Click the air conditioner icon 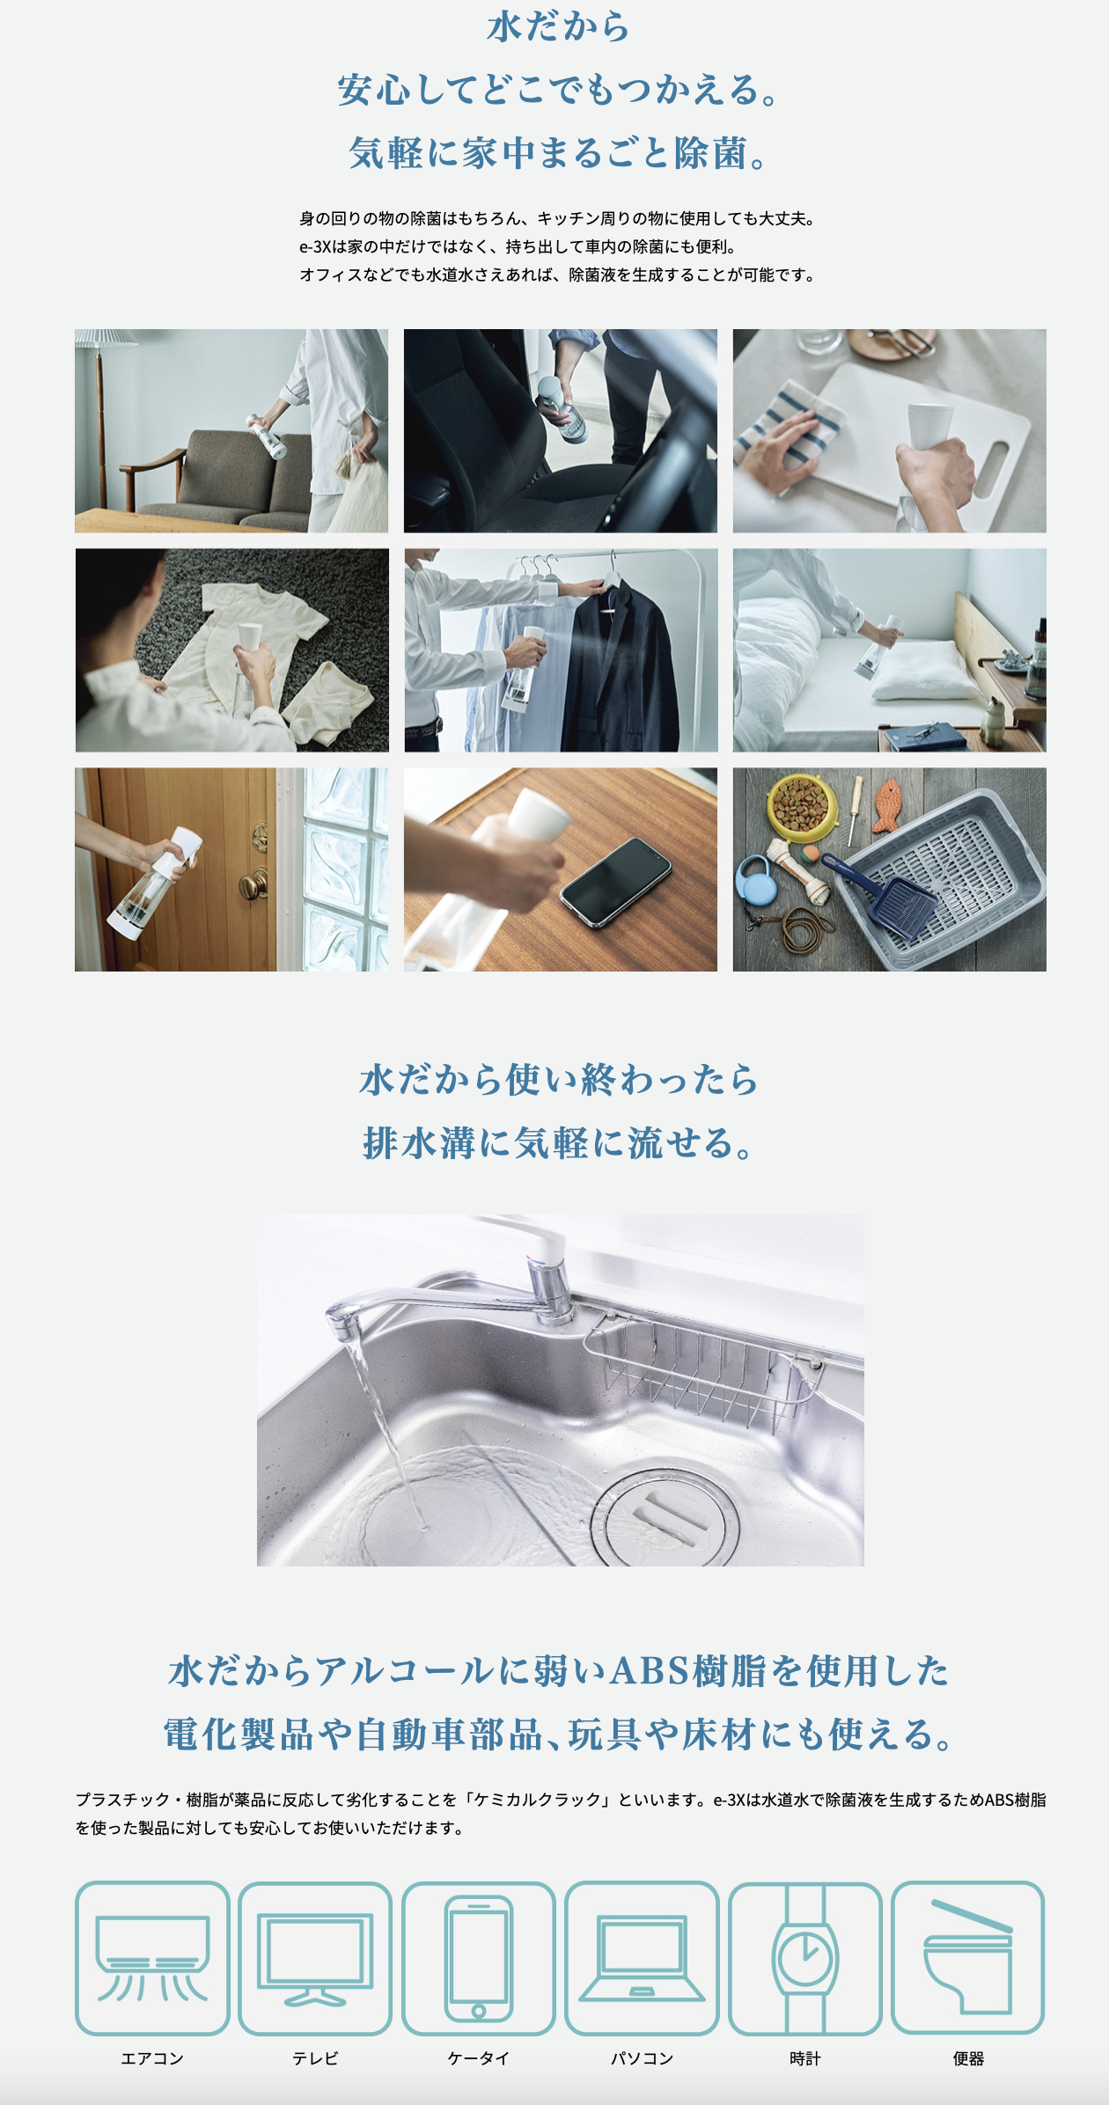coord(152,1958)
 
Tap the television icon coord(315,1958)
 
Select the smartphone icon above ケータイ coord(478,1958)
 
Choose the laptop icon coord(642,1958)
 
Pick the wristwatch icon coord(804,1958)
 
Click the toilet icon coord(968,1958)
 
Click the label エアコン coord(152,2058)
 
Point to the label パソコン coord(642,2058)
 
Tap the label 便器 coord(968,2058)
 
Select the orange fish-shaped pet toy coord(892,805)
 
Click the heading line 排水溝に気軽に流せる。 coord(560,1143)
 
